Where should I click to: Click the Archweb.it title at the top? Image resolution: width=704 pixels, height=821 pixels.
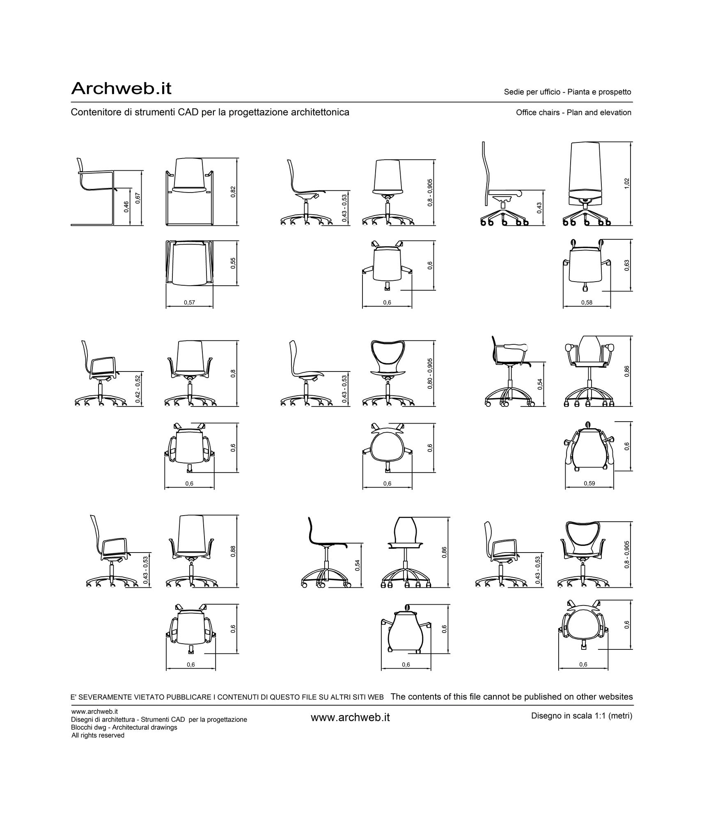[121, 88]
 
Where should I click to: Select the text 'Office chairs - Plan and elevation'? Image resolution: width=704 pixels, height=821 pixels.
[573, 112]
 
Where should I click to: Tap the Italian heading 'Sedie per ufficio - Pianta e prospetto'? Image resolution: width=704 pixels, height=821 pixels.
[567, 92]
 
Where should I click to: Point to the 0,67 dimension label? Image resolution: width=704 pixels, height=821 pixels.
[138, 198]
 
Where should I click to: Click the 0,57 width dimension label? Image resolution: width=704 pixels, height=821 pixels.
[189, 303]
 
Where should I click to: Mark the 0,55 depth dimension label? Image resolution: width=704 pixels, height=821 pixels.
[233, 263]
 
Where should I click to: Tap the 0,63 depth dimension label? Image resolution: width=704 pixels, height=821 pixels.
[626, 265]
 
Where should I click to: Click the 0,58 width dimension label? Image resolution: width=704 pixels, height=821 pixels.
[587, 303]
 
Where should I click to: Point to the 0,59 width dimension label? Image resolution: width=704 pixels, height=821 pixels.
[589, 483]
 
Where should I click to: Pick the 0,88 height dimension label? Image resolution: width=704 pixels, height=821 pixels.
[233, 551]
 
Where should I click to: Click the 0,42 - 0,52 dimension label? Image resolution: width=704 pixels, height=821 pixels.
[138, 388]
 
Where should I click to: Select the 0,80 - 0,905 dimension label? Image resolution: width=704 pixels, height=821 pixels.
[430, 374]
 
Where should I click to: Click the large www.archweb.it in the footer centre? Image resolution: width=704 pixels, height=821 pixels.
[350, 717]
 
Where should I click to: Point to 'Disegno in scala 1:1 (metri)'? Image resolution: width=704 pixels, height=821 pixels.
[582, 716]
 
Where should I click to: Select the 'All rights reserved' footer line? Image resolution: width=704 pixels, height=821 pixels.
[98, 735]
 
